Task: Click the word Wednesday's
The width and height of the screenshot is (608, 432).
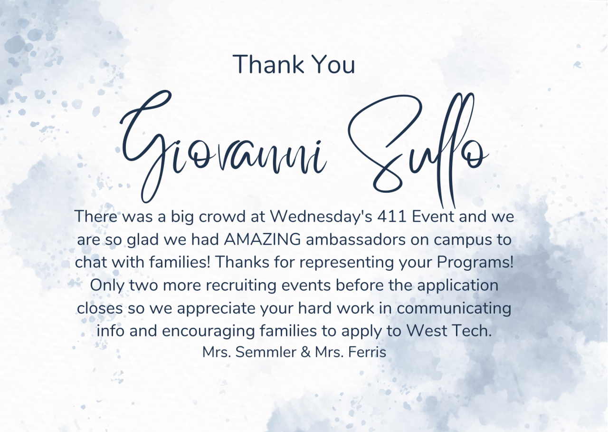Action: pyautogui.click(x=321, y=216)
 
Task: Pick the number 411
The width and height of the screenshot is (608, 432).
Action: pyautogui.click(x=392, y=217)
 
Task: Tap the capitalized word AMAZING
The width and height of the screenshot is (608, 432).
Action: pyautogui.click(x=263, y=240)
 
